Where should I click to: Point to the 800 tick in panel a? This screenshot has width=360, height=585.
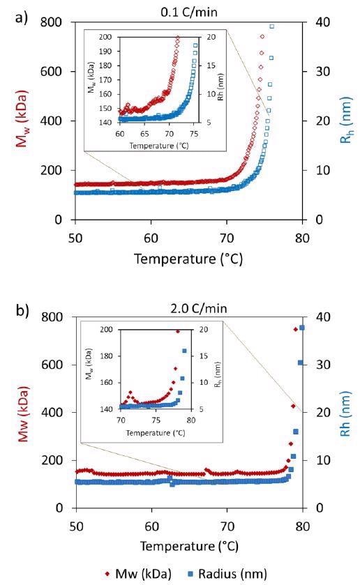tap(54, 22)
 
